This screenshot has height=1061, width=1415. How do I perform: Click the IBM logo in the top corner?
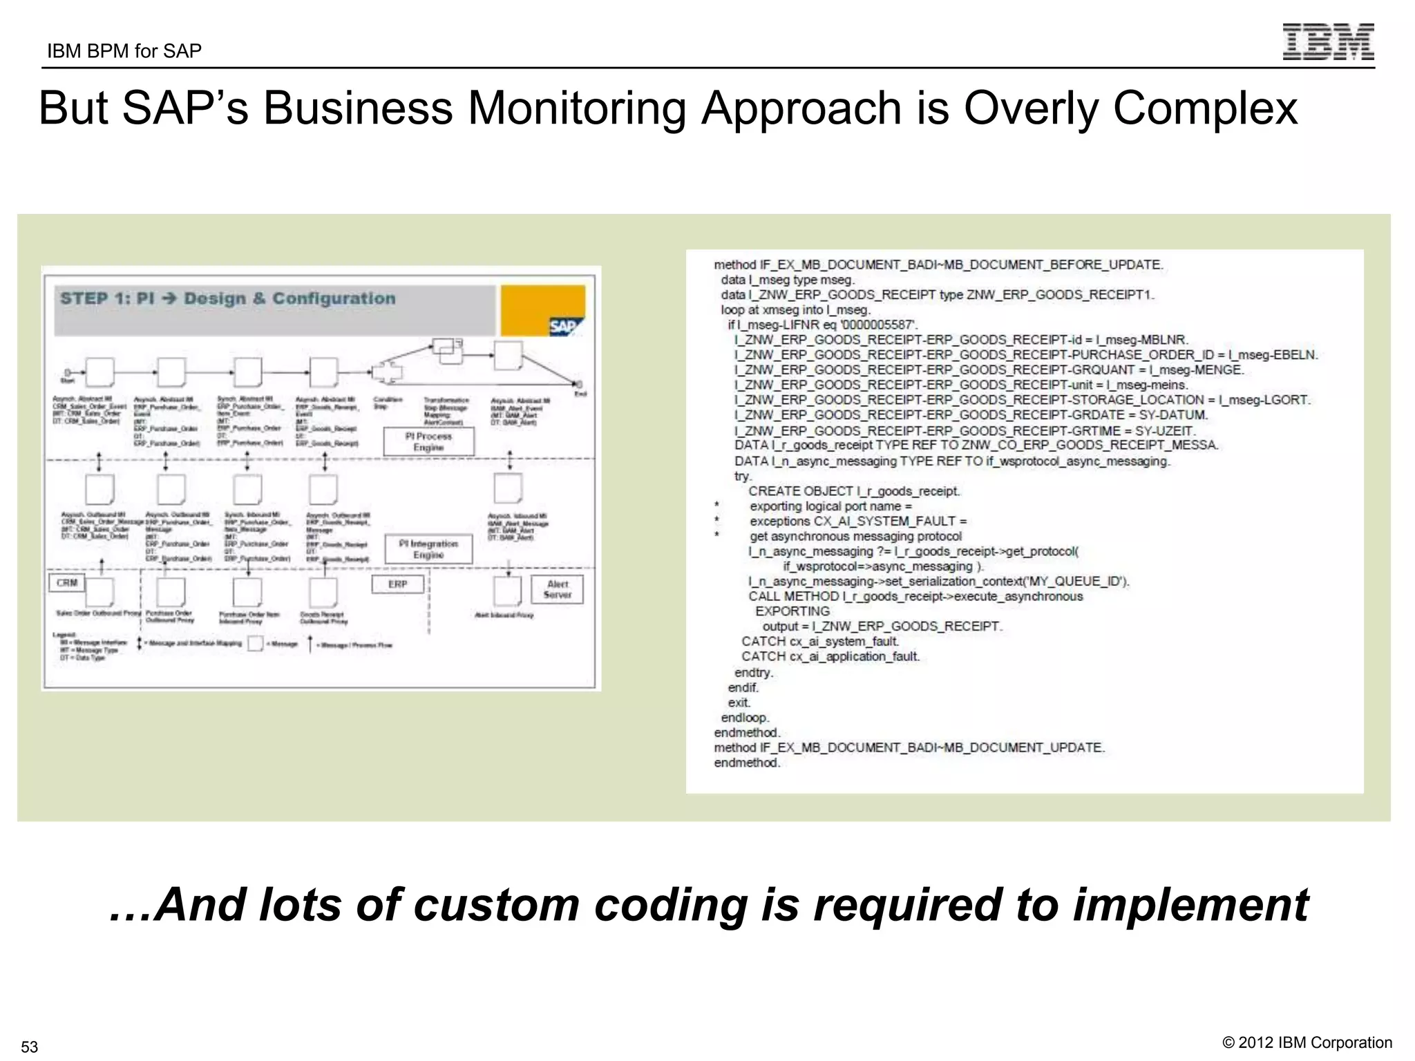tap(1327, 41)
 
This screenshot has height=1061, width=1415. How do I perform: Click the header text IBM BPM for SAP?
tap(124, 51)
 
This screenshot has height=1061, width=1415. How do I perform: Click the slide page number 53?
tap(30, 1046)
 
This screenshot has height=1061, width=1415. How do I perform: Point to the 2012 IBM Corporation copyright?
tap(1307, 1042)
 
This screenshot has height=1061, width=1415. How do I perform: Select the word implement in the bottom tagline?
tap(1190, 905)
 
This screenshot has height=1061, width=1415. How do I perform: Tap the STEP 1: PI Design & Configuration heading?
tap(228, 298)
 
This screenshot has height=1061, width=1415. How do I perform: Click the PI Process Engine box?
tap(428, 441)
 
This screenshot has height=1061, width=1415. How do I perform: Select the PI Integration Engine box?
tap(428, 549)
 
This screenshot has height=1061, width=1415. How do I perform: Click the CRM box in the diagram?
tap(67, 583)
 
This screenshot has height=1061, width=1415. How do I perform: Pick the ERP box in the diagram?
tap(397, 584)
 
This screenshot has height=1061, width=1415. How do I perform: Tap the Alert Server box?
tap(557, 589)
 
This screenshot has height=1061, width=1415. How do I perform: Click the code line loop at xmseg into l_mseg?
tap(795, 310)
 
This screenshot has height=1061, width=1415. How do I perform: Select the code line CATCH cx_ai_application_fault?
tap(830, 656)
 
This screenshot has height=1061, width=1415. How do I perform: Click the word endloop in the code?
tap(745, 718)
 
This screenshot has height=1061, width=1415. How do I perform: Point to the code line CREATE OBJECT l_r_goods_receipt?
tap(854, 491)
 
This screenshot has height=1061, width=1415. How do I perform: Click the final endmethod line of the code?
tap(747, 763)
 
